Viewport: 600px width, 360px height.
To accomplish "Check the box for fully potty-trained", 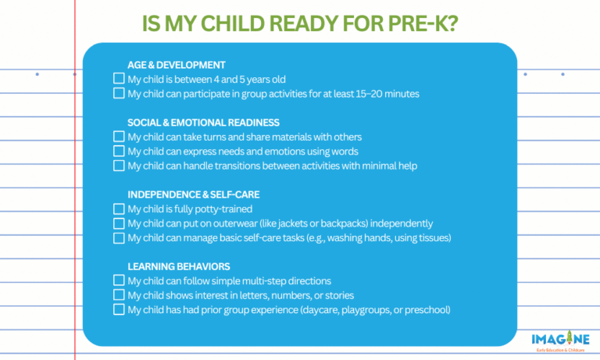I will (119, 209).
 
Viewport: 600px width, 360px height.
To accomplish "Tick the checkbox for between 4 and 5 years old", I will (119, 79).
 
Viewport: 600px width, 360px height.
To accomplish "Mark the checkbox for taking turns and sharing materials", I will (119, 137).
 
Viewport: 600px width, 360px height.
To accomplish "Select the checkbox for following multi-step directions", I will (119, 280).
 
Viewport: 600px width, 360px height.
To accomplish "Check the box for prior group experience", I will (119, 309).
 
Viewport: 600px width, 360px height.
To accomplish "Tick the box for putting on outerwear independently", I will (119, 223).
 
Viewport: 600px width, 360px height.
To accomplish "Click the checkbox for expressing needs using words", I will (119, 151).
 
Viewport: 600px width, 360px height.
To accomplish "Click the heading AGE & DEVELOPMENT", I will (177, 65).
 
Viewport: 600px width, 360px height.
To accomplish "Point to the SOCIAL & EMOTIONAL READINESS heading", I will (203, 123).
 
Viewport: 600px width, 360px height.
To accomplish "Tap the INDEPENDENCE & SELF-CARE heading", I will (194, 194).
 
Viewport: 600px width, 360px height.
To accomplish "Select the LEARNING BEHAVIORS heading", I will (178, 266).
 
